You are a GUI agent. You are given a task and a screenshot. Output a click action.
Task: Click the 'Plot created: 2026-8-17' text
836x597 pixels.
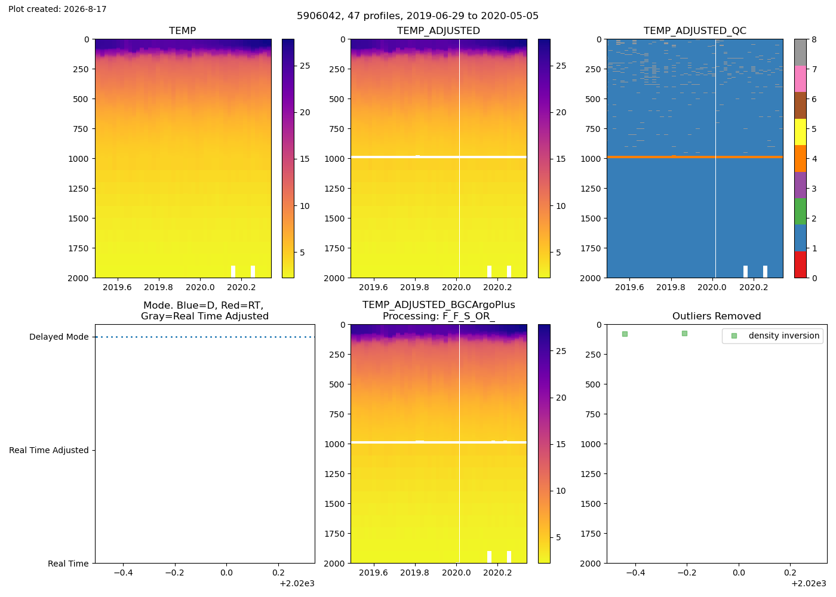[x=57, y=9]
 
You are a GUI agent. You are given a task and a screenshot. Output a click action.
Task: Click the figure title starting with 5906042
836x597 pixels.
[x=417, y=16]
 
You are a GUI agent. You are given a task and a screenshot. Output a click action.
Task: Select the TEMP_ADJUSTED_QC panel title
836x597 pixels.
[x=695, y=30]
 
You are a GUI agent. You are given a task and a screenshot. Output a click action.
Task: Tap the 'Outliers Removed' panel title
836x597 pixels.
[x=717, y=316]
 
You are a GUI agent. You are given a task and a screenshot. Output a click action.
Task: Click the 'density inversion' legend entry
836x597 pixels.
[x=783, y=336]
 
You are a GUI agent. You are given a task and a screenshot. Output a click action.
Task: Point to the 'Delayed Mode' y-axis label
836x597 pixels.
[x=59, y=337]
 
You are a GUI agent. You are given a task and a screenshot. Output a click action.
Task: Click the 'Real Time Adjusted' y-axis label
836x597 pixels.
[x=49, y=450]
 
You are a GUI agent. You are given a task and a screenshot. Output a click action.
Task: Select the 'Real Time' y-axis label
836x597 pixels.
[x=68, y=564]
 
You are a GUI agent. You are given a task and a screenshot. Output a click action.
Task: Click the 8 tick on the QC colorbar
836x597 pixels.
[x=814, y=39]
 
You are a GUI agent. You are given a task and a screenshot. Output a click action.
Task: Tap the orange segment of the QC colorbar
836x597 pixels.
[x=800, y=159]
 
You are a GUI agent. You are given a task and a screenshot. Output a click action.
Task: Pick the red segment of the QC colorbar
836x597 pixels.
[x=800, y=264]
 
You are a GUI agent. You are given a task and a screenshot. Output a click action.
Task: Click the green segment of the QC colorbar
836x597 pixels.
[x=800, y=211]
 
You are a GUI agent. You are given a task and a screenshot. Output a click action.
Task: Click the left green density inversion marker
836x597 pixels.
[x=625, y=334]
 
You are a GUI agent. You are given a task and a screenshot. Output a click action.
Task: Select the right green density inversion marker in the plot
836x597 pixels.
[x=684, y=333]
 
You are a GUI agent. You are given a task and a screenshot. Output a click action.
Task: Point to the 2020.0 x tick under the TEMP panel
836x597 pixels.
[x=200, y=287]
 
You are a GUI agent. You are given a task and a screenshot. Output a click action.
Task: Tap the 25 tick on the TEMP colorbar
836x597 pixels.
[x=305, y=66]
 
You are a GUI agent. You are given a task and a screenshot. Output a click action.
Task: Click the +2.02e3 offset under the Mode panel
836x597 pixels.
[x=297, y=584]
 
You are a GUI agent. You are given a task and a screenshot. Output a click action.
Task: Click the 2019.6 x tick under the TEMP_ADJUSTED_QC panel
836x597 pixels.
[x=629, y=287]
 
